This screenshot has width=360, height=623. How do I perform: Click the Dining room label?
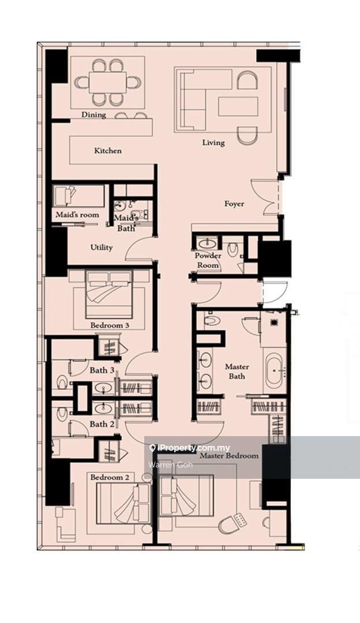click(93, 115)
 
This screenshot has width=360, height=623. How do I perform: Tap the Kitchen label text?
click(108, 151)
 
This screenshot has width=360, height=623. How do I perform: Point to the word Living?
click(213, 142)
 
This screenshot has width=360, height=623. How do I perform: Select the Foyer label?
click(234, 204)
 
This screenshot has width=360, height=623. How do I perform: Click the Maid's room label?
click(77, 215)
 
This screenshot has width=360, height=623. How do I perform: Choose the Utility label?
click(102, 247)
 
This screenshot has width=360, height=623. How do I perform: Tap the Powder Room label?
click(208, 260)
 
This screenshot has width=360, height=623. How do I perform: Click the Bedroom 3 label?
click(109, 325)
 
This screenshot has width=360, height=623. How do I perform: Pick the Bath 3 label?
click(102, 370)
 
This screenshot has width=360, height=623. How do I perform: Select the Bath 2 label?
click(99, 424)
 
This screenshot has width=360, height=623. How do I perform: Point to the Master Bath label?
click(237, 371)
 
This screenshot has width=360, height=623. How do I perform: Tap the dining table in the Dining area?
click(107, 82)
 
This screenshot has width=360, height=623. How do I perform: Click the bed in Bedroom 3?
click(109, 294)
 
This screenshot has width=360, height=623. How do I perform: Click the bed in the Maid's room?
click(65, 196)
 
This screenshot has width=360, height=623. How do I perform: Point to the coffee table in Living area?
click(238, 107)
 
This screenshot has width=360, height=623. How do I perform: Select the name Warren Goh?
click(170, 464)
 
